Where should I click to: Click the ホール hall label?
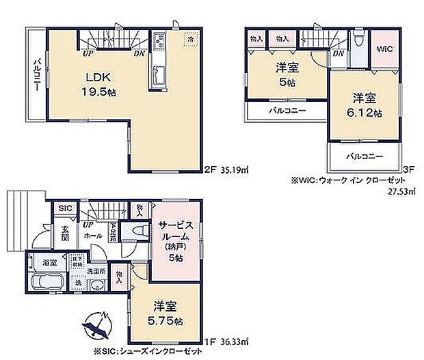(94, 236)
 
